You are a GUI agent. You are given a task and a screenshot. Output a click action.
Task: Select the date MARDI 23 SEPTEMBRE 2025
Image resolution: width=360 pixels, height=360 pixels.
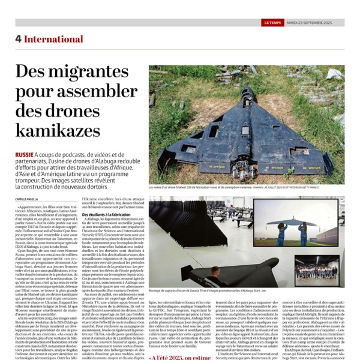click(x=315, y=23)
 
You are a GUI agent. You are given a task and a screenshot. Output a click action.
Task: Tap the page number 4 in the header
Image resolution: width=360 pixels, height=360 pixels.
click(x=19, y=38)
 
